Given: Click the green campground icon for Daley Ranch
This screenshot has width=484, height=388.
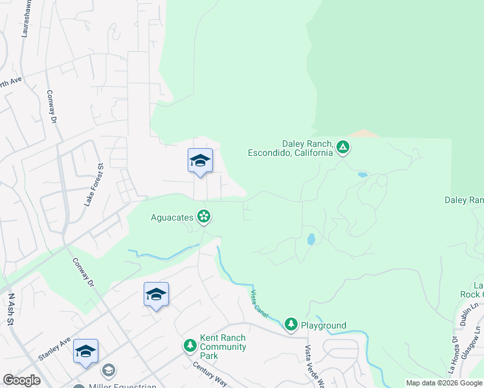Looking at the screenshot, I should pos(343,148).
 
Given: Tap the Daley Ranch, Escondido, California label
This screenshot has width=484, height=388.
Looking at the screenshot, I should pos(291,148).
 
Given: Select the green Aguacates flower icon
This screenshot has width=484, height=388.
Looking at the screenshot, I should pos(204,217).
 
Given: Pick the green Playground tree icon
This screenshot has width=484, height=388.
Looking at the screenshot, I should pos(291,324).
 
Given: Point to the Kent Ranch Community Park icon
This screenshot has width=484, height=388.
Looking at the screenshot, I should pos(190,347).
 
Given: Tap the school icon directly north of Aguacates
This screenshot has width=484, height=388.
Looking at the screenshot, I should pos(200,160).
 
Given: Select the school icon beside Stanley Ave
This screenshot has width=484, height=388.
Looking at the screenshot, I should pos(85,351).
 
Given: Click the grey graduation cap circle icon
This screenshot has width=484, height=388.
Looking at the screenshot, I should pos(109,371).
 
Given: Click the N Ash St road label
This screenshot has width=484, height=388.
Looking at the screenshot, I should pos(11,310).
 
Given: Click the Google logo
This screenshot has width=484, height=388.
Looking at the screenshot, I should pos(21,380).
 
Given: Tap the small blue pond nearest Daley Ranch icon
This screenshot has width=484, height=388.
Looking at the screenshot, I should pos(362,175).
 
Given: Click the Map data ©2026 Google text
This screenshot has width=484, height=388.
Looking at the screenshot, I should pos(444,383).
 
